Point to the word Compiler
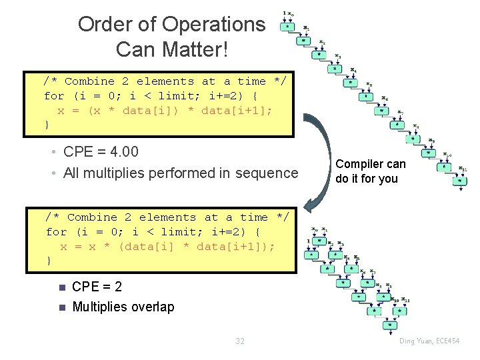361,164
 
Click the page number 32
240,341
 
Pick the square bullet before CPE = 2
61,288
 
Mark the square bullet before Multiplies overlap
61,307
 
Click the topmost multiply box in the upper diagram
287,27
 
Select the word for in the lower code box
57,232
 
